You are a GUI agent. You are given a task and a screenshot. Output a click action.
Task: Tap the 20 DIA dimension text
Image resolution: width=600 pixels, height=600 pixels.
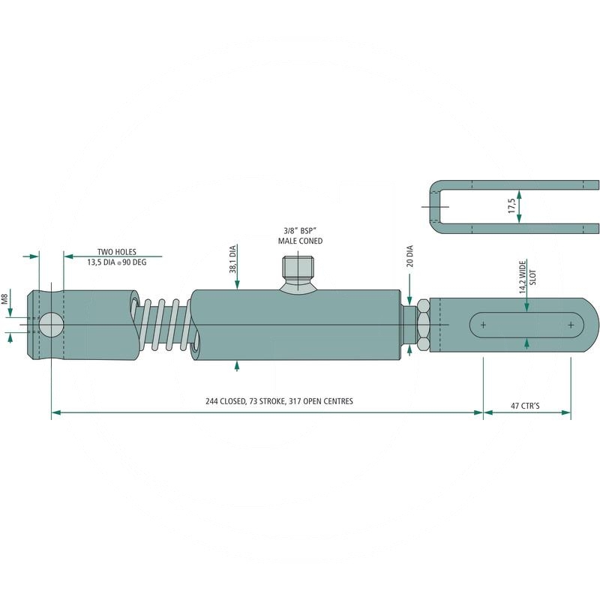[409, 256]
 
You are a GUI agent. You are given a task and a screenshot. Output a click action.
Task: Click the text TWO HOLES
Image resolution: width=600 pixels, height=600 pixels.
[117, 252]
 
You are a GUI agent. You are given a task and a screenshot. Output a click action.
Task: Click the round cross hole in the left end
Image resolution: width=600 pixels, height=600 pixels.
[51, 325]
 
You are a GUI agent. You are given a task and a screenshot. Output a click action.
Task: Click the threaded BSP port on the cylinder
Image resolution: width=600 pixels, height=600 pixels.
[299, 268]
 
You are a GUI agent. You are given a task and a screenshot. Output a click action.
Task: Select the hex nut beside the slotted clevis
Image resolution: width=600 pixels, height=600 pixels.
[422, 325]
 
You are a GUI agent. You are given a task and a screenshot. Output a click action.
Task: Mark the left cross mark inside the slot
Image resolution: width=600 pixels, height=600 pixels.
[483, 325]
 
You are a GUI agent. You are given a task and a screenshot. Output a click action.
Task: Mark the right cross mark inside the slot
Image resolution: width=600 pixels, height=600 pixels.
[571, 325]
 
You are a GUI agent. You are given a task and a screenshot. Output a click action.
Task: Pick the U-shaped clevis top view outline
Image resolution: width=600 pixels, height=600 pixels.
[439, 206]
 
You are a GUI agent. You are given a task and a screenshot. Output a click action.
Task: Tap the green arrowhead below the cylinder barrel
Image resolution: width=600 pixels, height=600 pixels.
[237, 365]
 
